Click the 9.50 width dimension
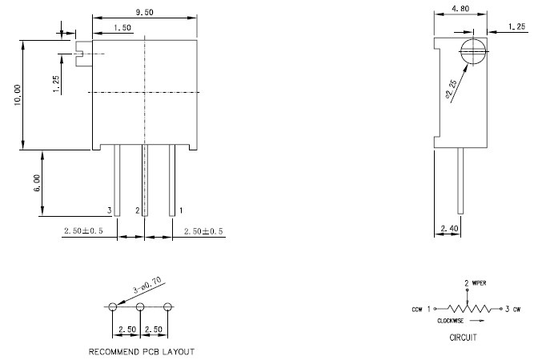144,12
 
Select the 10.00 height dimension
17,95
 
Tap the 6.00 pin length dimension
37,182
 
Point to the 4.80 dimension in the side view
460,9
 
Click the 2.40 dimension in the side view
449,228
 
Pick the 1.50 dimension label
122,27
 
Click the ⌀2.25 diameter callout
451,89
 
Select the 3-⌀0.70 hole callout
147,286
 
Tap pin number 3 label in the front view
110,210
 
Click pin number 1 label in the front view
181,210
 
